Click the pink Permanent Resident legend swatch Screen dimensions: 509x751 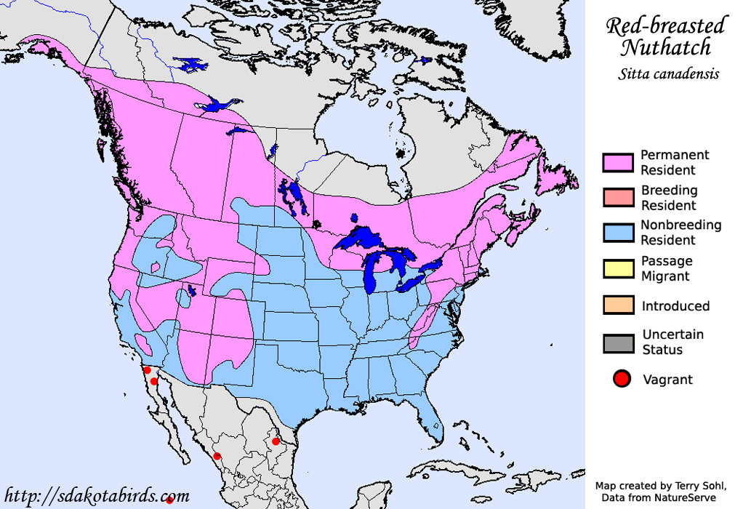click(618, 162)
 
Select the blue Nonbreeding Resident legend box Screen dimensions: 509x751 click(618, 233)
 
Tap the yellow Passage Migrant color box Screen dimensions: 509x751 click(618, 268)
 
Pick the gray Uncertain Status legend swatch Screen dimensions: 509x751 click(618, 342)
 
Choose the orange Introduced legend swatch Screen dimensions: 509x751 click(618, 305)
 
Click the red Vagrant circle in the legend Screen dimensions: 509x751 click(621, 379)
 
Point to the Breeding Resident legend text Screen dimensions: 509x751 click(669, 198)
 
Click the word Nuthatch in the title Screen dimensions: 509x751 click(665, 49)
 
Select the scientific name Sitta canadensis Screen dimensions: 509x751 click(669, 73)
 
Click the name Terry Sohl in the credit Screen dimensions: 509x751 click(686, 486)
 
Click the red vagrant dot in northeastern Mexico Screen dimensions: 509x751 click(276, 441)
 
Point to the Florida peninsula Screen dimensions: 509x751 click(434, 422)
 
